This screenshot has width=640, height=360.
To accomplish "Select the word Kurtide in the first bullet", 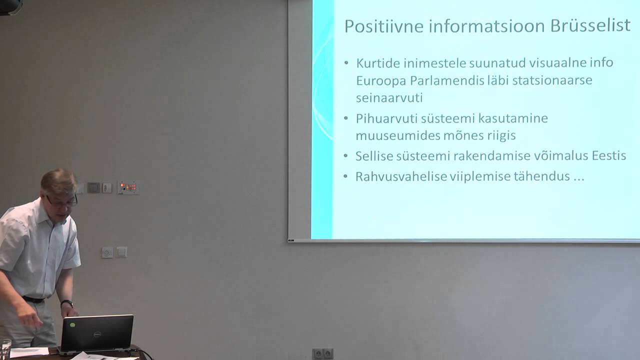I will (x=378, y=63).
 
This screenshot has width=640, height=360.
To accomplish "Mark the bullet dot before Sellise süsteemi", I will (x=346, y=156).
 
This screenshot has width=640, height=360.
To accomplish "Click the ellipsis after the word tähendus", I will (x=578, y=177).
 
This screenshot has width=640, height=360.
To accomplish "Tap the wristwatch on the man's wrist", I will (x=67, y=303).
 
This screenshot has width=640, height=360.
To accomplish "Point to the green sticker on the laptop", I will (x=73, y=324).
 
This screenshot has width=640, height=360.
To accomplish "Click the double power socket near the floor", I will (x=322, y=354).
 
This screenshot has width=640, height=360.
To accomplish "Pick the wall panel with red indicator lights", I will (x=127, y=187).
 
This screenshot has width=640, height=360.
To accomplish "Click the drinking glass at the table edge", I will (x=5, y=348).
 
